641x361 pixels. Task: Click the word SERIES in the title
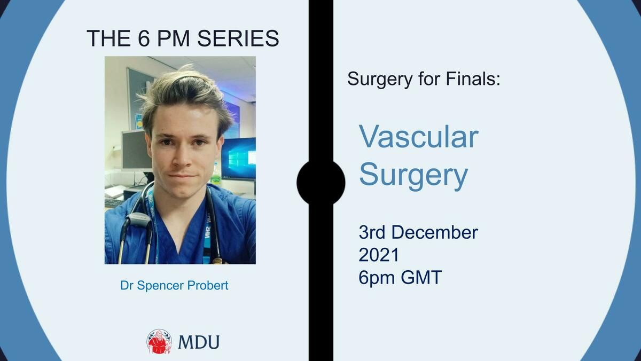pyautogui.click(x=238, y=38)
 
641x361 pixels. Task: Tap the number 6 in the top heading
pyautogui.click(x=144, y=38)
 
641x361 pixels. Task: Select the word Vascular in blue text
pyautogui.click(x=418, y=137)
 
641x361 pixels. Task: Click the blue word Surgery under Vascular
pyautogui.click(x=413, y=175)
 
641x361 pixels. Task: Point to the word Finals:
pyautogui.click(x=473, y=79)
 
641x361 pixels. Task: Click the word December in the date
pyautogui.click(x=434, y=232)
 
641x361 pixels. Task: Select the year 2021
pyautogui.click(x=379, y=255)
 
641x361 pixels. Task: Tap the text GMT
pyautogui.click(x=421, y=278)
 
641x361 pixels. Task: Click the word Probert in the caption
pyautogui.click(x=207, y=286)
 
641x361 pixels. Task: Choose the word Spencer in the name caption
pyautogui.click(x=160, y=286)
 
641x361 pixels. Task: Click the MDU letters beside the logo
pyautogui.click(x=199, y=342)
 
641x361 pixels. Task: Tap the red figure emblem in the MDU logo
pyautogui.click(x=159, y=342)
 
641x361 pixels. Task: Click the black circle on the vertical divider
pyautogui.click(x=321, y=183)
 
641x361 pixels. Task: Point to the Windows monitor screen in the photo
pyautogui.click(x=238, y=159)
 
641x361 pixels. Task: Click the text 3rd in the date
pyautogui.click(x=372, y=232)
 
